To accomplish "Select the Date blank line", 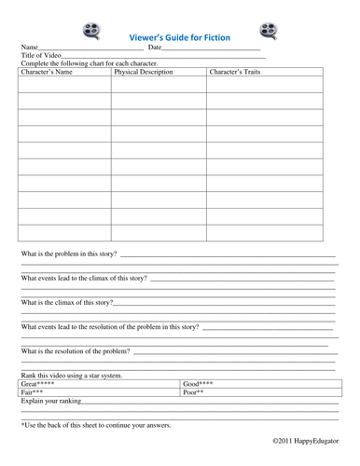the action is click(x=211, y=50).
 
